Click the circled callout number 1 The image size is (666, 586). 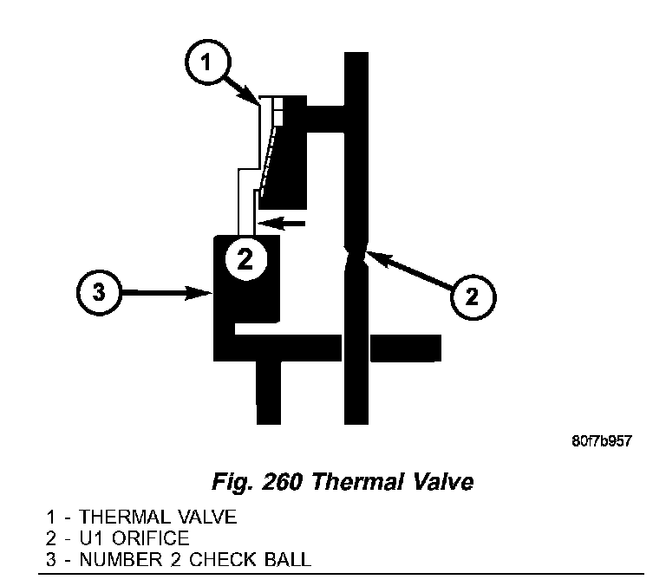click(206, 63)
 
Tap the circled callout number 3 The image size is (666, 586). click(100, 293)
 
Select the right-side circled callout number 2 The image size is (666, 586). click(472, 296)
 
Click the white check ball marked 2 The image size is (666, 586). click(246, 257)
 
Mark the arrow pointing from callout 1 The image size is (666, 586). click(243, 87)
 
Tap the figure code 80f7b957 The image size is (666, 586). click(601, 440)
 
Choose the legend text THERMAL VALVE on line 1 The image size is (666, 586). click(157, 518)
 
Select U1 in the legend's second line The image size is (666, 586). click(88, 538)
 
